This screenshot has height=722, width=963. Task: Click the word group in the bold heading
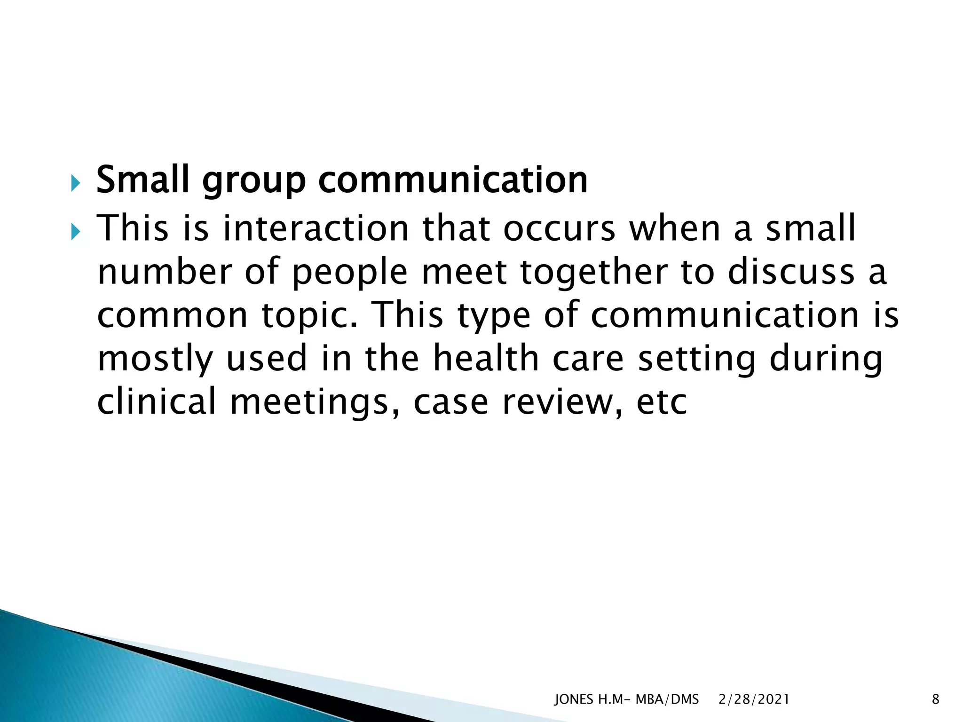point(253,181)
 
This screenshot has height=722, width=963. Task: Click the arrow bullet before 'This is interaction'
point(76,232)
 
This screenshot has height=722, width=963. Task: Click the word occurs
point(559,229)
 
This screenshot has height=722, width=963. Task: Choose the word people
point(350,273)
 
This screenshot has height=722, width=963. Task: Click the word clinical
point(156,402)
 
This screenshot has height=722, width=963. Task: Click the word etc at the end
point(661,403)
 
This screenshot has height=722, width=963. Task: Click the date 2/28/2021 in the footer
point(754,699)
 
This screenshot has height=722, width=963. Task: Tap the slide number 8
point(935,699)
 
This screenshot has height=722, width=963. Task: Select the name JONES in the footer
point(574,699)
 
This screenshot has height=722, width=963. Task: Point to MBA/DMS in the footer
point(667,699)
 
